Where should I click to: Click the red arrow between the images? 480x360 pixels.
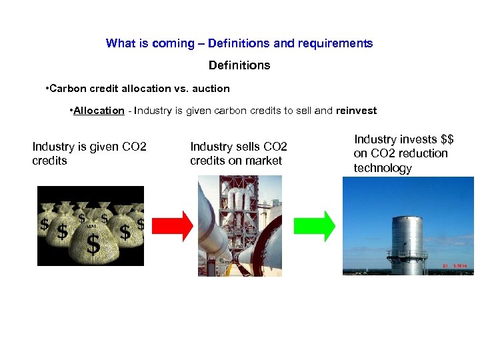pyautogui.click(x=170, y=226)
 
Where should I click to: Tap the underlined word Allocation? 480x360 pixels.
pyautogui.click(x=99, y=111)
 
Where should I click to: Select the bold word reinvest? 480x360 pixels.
pyautogui.click(x=357, y=111)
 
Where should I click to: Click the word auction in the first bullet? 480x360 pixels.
pyautogui.click(x=211, y=88)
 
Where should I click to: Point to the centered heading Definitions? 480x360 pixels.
pyautogui.click(x=239, y=65)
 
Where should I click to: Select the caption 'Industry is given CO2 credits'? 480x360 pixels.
pyautogui.click(x=89, y=153)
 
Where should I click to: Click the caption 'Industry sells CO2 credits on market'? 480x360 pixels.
pyautogui.click(x=239, y=153)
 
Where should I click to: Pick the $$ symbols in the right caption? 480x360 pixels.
pyautogui.click(x=447, y=139)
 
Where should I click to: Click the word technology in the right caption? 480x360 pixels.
pyautogui.click(x=383, y=168)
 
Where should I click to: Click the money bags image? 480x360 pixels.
pyautogui.click(x=90, y=226)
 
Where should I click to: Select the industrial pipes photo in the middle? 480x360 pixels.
pyautogui.click(x=239, y=226)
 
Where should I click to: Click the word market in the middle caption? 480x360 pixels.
pyautogui.click(x=263, y=161)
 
